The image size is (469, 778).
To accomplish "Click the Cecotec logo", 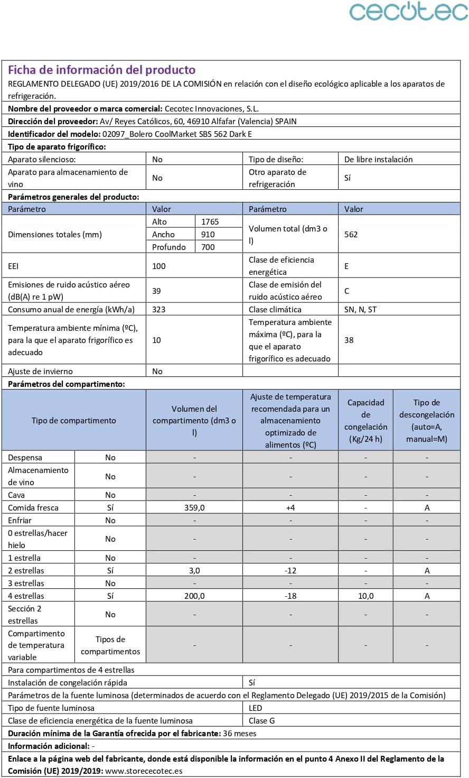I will (408, 12).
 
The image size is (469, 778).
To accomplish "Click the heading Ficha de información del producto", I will (102, 70).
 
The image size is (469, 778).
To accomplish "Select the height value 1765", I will (210, 221).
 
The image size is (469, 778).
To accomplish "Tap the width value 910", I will (208, 234).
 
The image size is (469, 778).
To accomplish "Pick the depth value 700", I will (208, 247).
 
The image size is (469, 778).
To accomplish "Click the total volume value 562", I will (351, 234).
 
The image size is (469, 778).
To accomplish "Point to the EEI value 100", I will (159, 266).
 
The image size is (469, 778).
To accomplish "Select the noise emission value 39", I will (157, 291).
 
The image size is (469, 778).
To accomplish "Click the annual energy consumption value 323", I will (159, 309).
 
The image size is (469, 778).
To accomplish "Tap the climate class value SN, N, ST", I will (360, 309).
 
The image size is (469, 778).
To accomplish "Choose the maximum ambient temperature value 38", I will (349, 340).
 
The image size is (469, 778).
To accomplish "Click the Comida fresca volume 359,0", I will (194, 507).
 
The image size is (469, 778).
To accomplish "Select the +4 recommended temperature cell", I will (290, 507).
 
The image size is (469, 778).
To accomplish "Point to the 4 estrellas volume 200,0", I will (194, 596).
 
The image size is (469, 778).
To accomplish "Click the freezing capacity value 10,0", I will (365, 596).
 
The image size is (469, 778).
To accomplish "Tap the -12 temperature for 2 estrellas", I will (290, 570).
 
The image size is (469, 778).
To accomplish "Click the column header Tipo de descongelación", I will (427, 420).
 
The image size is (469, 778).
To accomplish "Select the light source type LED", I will (256, 708).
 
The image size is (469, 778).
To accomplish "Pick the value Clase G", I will (262, 720).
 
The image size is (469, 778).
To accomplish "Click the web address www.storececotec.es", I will (144, 771).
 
